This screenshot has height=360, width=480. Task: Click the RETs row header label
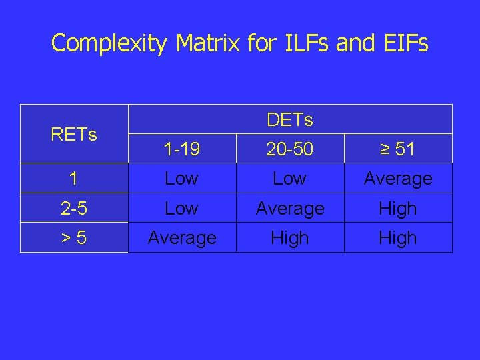click(x=74, y=135)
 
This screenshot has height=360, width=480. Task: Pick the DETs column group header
click(x=289, y=120)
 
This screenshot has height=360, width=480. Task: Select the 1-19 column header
click(x=181, y=149)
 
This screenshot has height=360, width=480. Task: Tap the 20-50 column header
click(x=289, y=149)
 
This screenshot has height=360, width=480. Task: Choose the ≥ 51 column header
click(x=397, y=149)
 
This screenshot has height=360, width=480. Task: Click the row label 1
click(x=74, y=179)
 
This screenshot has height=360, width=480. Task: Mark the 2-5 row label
click(x=74, y=209)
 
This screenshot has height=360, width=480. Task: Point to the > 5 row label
click(x=74, y=238)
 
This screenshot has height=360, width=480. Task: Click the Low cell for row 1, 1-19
click(x=181, y=179)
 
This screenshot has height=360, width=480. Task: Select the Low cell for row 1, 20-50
click(x=289, y=179)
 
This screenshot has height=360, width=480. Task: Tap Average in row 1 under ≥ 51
click(x=397, y=179)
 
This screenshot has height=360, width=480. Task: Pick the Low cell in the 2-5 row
click(x=181, y=209)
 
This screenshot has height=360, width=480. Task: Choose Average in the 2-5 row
click(x=289, y=209)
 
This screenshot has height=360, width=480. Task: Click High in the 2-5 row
click(x=397, y=209)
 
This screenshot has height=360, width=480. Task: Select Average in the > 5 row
click(x=181, y=238)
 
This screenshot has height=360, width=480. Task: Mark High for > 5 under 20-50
click(x=289, y=238)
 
